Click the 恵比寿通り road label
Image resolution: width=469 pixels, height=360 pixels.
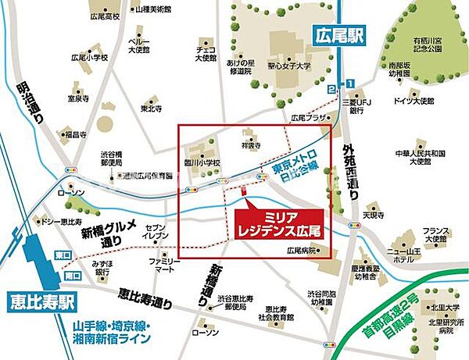pyautogui.click(x=146, y=295)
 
